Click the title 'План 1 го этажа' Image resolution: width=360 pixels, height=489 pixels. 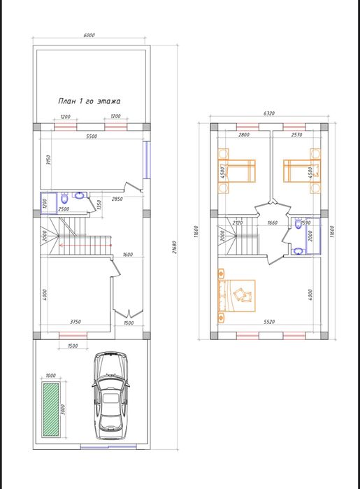[89, 101]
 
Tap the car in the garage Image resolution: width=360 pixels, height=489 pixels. [110, 396]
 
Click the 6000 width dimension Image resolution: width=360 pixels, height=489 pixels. [89, 35]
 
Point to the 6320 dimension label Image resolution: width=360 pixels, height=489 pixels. [269, 113]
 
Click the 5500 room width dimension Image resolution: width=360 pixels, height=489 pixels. [92, 136]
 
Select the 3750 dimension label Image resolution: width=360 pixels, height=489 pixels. [75, 322]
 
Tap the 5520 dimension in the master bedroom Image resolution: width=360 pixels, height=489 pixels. [269, 322]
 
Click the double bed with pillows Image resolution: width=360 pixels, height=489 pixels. [237, 296]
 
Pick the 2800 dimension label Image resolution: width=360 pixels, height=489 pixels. [244, 135]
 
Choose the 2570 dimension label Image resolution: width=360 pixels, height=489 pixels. [296, 135]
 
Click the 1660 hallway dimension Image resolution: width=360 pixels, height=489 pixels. [273, 222]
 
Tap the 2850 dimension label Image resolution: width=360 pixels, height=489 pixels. [117, 199]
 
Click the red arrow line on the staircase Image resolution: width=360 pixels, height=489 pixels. [85, 246]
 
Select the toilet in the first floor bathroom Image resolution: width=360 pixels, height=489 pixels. [64, 198]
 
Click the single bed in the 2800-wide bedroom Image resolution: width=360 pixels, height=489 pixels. [237, 171]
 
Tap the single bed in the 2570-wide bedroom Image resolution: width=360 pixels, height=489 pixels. [302, 171]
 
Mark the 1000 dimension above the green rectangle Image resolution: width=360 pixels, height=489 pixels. [50, 376]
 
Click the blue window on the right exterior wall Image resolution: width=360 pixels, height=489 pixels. [146, 160]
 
